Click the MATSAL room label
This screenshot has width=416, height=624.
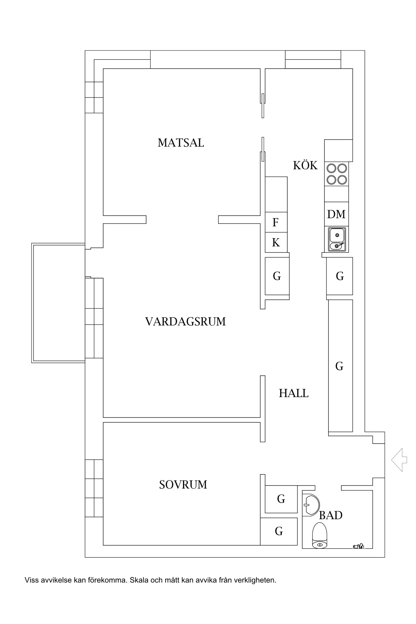coord(181,143)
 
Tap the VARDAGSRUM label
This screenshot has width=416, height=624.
coord(185,322)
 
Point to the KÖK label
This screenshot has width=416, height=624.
coord(305,166)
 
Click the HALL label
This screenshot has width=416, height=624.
coord(293,393)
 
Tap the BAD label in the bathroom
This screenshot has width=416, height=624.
coord(331,515)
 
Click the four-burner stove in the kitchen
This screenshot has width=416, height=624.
coord(337,174)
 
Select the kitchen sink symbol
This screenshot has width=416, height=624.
coord(337,240)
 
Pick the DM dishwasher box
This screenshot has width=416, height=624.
coord(336,214)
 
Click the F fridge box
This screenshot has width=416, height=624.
coord(276,222)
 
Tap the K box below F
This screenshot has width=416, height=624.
coord(276,243)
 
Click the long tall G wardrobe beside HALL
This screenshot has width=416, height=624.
coord(340,366)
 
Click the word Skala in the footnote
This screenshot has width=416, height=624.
coord(139,580)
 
